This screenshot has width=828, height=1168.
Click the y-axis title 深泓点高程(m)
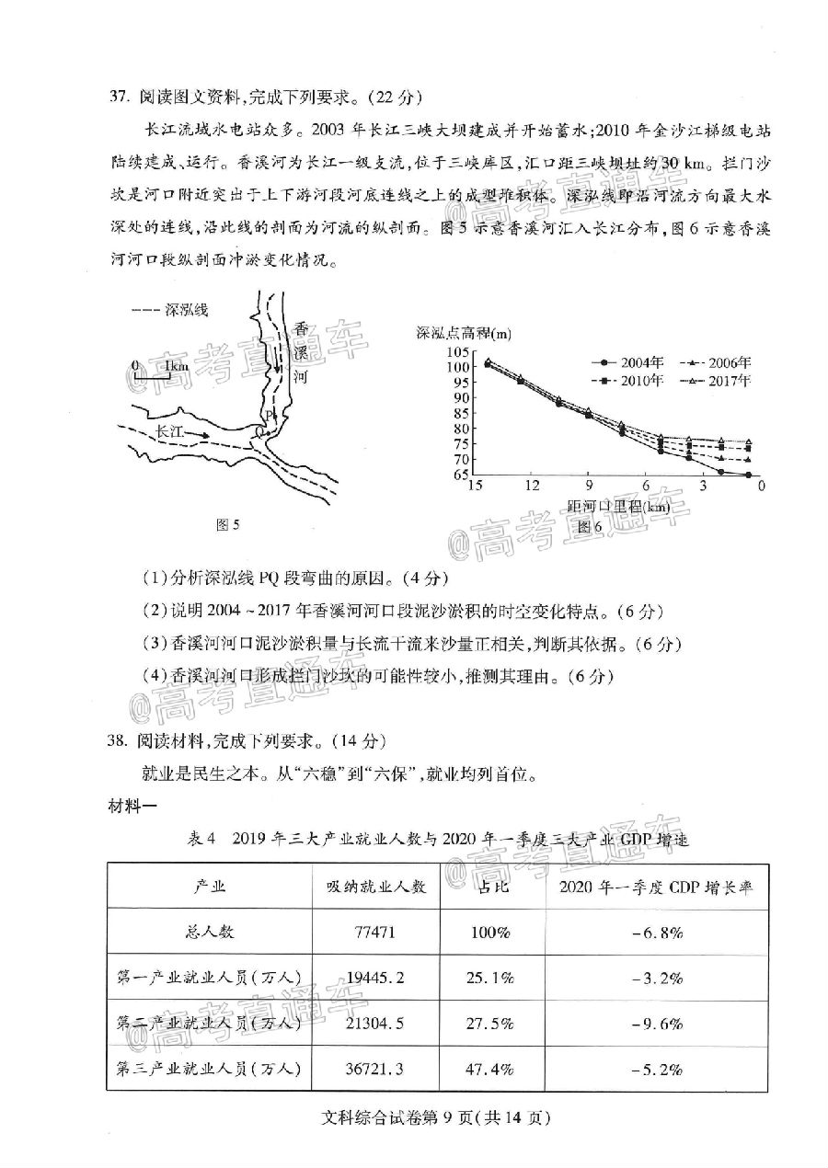pos(464,332)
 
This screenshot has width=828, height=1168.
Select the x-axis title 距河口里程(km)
pos(618,507)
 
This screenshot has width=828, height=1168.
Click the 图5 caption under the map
pos(226,525)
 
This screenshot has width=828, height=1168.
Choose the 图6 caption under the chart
pos(589,527)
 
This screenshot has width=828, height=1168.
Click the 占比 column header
pos(489,887)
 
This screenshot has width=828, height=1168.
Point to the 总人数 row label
pos(209,932)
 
